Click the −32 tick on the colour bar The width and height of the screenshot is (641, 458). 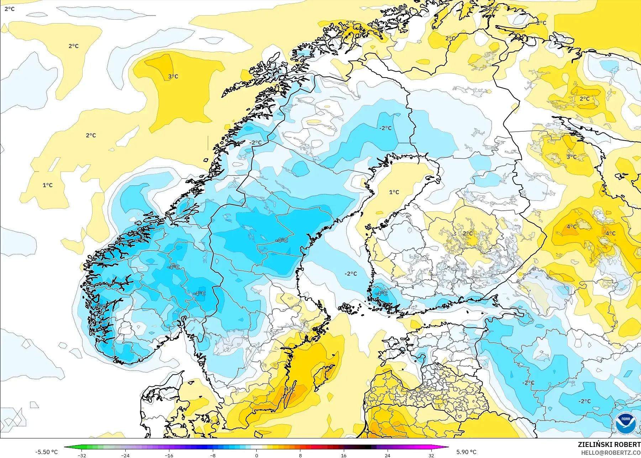click(x=82, y=455)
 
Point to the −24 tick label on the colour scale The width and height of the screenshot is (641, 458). click(x=125, y=455)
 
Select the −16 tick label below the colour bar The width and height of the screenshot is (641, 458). click(x=169, y=455)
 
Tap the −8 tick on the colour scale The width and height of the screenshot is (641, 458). click(x=213, y=455)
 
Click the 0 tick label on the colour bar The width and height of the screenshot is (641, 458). click(x=257, y=455)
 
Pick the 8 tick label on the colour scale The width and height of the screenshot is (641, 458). click(x=300, y=455)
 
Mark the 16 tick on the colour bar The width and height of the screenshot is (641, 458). click(x=343, y=455)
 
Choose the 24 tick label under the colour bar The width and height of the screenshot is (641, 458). click(x=387, y=455)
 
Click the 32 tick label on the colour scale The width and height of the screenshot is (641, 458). click(x=431, y=455)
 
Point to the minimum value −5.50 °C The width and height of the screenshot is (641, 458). click(x=46, y=452)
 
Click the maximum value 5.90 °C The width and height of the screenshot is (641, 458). click(x=466, y=452)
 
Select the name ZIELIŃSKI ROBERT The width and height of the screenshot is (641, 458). click(x=609, y=444)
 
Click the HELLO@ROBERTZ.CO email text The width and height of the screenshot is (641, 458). click(x=611, y=453)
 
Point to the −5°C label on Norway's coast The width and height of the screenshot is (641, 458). click(x=101, y=306)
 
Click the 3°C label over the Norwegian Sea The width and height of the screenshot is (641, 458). click(x=173, y=77)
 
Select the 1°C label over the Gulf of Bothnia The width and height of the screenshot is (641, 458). click(x=394, y=192)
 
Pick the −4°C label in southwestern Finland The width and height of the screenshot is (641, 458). click(x=381, y=294)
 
